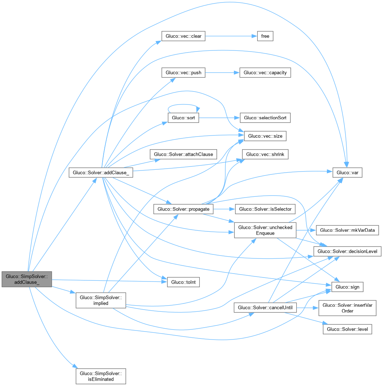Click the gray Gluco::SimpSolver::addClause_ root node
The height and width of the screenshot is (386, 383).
[x=27, y=279]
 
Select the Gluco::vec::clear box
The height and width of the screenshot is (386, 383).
[x=184, y=36]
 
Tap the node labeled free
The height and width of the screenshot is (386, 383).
[x=265, y=36]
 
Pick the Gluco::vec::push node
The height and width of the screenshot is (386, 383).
[x=184, y=72]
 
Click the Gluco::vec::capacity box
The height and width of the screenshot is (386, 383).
[x=265, y=72]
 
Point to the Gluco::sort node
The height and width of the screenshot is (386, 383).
[x=184, y=118]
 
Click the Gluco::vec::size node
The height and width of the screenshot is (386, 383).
[x=265, y=136]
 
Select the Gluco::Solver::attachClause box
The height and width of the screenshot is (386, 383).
[x=184, y=154]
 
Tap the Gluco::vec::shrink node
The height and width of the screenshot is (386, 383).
[x=265, y=154]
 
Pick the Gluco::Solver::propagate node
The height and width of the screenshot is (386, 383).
[x=184, y=209]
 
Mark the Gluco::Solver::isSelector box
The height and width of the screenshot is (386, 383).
[x=265, y=209]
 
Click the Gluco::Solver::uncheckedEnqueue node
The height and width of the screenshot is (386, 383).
[x=265, y=230]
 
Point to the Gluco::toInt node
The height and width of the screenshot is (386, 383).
[x=184, y=282]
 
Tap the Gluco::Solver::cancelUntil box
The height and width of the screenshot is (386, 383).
[x=265, y=308]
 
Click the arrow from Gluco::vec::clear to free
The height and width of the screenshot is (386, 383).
[x=230, y=36]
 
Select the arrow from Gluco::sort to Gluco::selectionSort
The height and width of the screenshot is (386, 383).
[x=220, y=118]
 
